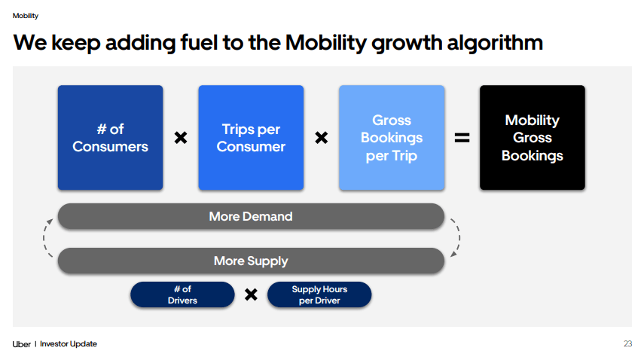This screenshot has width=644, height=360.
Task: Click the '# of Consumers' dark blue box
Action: pyautogui.click(x=110, y=137)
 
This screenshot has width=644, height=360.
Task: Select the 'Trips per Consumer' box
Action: pyautogui.click(x=251, y=137)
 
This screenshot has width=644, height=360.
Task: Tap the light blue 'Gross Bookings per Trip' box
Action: pyautogui.click(x=391, y=137)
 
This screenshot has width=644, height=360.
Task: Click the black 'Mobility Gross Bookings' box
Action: pyautogui.click(x=532, y=137)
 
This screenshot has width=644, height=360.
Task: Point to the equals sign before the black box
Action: pyautogui.click(x=462, y=138)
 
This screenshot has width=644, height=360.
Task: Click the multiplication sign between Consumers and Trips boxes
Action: pyautogui.click(x=181, y=138)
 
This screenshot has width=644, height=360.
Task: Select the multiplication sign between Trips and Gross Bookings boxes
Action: pyautogui.click(x=321, y=138)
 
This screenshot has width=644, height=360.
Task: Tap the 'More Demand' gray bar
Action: pyautogui.click(x=251, y=216)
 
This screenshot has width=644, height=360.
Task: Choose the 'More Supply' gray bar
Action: pyautogui.click(x=251, y=261)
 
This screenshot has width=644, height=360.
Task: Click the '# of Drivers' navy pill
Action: pyautogui.click(x=182, y=294)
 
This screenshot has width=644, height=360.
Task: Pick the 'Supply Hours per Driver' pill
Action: pyautogui.click(x=319, y=294)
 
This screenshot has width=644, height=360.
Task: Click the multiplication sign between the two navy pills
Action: pyautogui.click(x=252, y=294)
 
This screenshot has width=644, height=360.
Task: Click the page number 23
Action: pyautogui.click(x=627, y=344)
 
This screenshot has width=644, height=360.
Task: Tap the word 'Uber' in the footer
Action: pyautogui.click(x=22, y=344)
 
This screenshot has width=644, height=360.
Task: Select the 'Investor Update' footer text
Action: pyautogui.click(x=69, y=344)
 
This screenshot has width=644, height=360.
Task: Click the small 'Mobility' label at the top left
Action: pyautogui.click(x=26, y=16)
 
